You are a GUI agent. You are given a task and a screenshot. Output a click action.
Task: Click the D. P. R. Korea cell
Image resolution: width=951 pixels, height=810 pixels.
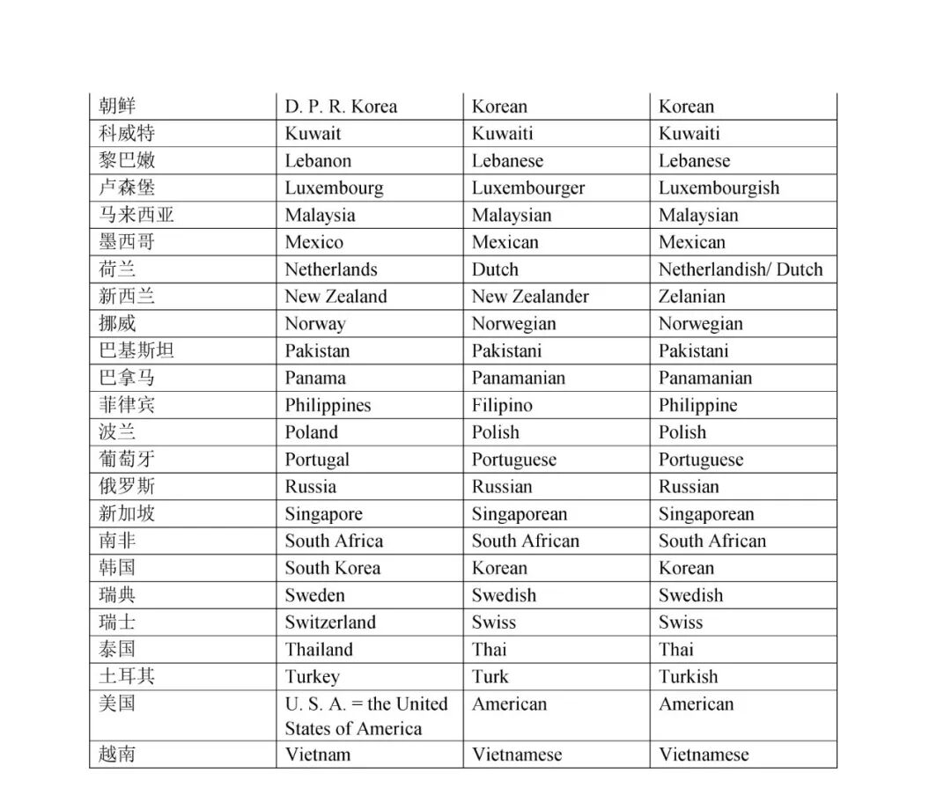click(341, 107)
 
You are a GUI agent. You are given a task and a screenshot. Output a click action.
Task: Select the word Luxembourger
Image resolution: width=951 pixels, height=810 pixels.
click(527, 188)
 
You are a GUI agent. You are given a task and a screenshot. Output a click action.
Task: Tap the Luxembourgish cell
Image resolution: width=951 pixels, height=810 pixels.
click(719, 188)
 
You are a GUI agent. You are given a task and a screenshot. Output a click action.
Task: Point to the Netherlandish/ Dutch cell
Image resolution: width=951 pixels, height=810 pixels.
click(740, 269)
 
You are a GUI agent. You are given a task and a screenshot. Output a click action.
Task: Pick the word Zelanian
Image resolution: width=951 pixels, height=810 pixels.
click(692, 297)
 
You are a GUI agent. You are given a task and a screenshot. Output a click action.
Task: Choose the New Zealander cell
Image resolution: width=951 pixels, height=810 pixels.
click(530, 297)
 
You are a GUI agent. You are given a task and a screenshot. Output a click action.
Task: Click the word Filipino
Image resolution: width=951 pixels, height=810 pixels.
click(502, 405)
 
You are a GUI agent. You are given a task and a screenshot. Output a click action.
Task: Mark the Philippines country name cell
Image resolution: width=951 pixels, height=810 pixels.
click(328, 405)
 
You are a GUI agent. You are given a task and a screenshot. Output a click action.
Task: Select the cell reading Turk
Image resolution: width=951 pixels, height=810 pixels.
click(490, 676)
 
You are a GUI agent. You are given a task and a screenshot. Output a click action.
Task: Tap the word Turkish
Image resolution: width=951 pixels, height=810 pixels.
click(688, 676)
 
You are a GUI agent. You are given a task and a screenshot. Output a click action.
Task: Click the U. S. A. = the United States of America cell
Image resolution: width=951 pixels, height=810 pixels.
click(366, 716)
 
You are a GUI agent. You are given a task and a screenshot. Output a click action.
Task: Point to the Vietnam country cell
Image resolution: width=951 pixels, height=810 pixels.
click(318, 755)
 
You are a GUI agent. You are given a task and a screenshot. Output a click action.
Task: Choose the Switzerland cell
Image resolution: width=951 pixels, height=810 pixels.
click(330, 622)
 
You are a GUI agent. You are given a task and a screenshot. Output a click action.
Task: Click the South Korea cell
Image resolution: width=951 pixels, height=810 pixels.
click(333, 568)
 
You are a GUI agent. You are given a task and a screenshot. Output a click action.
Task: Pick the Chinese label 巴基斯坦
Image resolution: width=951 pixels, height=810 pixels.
click(136, 350)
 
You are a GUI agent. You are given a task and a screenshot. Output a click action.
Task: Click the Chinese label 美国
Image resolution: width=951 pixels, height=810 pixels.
click(117, 703)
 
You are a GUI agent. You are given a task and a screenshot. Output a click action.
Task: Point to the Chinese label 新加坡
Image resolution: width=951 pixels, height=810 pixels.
click(127, 513)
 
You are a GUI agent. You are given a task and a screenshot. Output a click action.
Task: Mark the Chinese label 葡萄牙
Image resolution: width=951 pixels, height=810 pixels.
click(127, 459)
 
